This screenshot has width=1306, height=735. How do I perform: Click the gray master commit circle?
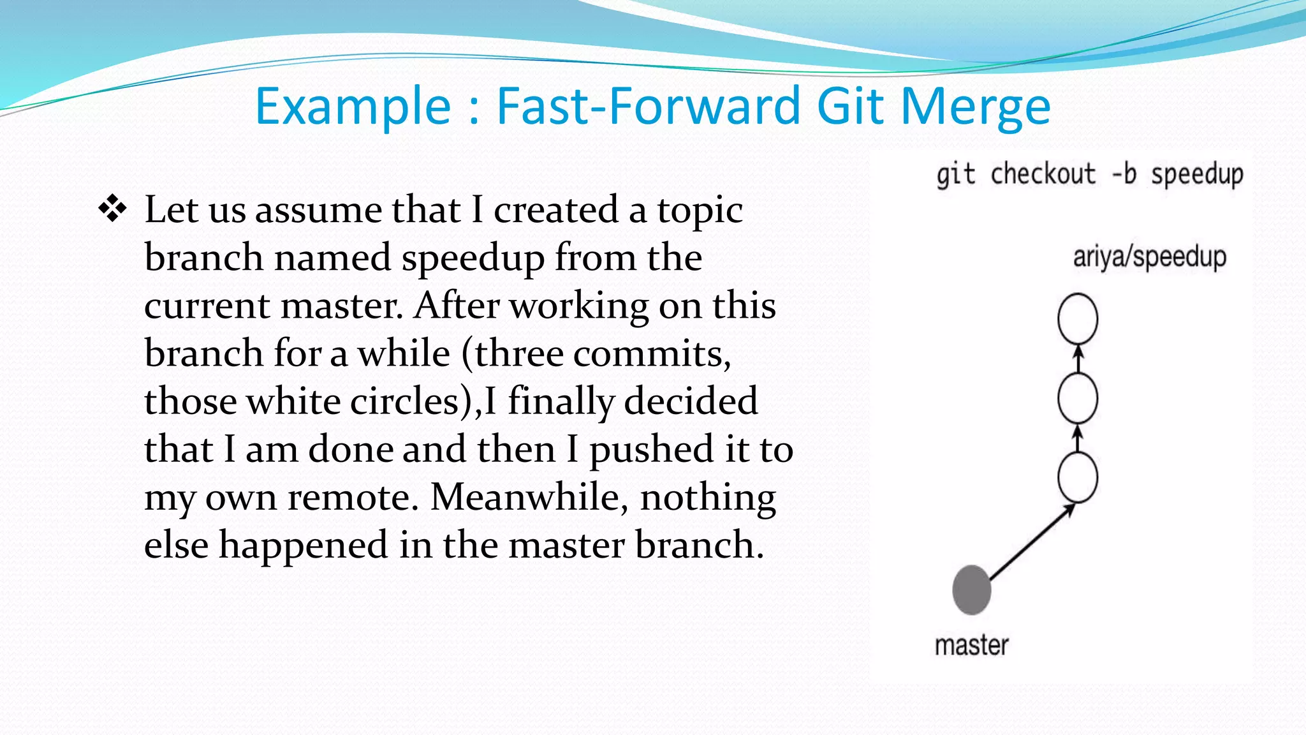[x=971, y=590]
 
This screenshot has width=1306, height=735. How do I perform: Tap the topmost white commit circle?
[x=1078, y=318]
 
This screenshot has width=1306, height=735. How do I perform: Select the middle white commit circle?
[x=1078, y=398]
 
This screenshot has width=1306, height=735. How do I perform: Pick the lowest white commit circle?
[x=1078, y=477]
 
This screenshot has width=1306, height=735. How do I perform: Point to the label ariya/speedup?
[x=1149, y=257]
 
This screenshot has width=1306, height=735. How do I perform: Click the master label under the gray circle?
[x=971, y=645]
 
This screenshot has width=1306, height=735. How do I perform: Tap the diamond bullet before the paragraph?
[x=112, y=209]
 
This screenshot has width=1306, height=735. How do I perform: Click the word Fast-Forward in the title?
[x=648, y=106]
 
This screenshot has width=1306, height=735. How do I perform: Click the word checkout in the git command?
[x=1043, y=174]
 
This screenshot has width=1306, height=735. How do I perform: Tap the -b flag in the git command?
[x=1124, y=174]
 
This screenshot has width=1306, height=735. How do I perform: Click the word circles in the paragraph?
[x=404, y=401]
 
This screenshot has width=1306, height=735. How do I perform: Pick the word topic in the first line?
[x=700, y=211]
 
